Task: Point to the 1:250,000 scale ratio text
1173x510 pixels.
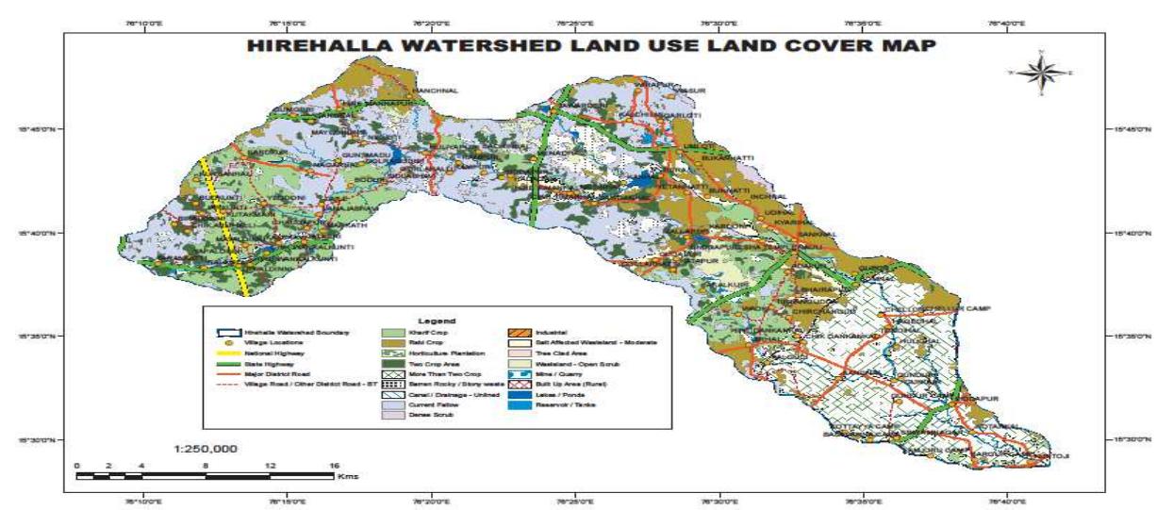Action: pos(206,449)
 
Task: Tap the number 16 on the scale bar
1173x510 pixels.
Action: pos(334,466)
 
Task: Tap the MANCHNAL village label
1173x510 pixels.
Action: pos(436,90)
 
